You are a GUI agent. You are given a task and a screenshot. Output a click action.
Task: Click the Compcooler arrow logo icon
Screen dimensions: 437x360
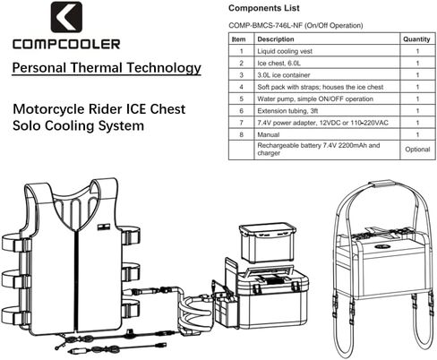[66, 17]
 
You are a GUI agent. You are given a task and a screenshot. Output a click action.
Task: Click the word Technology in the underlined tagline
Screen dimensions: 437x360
[164, 68]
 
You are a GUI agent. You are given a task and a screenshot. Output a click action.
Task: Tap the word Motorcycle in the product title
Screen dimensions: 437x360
[48, 109]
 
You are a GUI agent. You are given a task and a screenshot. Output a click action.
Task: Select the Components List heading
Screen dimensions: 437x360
[264, 8]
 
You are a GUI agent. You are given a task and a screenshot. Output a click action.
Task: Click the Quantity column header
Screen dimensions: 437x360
[416, 39]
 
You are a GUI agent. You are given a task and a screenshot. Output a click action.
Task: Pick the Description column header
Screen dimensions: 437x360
[276, 39]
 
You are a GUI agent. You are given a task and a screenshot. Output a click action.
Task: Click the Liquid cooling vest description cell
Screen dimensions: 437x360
[285, 51]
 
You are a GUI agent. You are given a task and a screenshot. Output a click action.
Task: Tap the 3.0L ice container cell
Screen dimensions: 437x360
[284, 75]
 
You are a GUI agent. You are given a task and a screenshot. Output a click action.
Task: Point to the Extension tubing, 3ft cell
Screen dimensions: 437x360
[287, 111]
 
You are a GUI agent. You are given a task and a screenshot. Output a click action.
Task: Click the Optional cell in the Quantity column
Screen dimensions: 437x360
[417, 150]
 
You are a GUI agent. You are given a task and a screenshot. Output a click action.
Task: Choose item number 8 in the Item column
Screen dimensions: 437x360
[242, 134]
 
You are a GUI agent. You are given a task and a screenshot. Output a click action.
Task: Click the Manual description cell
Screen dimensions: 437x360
[269, 134]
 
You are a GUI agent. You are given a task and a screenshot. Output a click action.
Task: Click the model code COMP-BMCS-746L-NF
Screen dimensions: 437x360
[265, 25]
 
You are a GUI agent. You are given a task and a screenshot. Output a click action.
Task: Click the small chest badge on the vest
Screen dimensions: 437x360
[104, 227]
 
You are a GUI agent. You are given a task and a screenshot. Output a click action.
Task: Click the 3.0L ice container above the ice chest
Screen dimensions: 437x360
[268, 244]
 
